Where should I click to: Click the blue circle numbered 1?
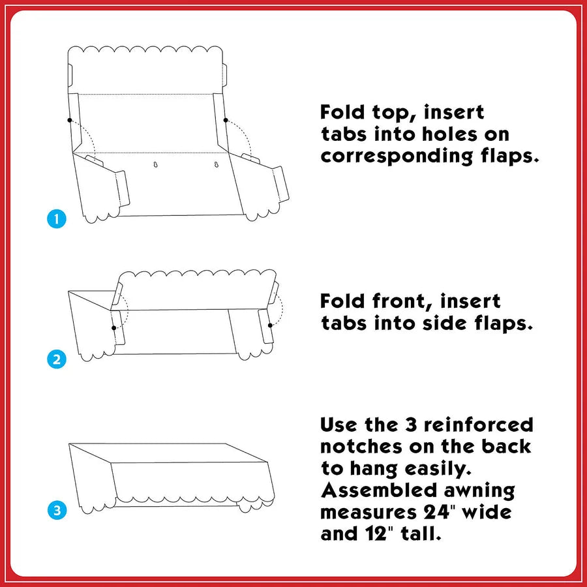pyautogui.click(x=57, y=218)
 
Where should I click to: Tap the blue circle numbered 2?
pyautogui.click(x=57, y=359)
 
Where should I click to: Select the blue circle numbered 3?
pyautogui.click(x=57, y=510)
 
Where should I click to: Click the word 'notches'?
pyautogui.click(x=361, y=446)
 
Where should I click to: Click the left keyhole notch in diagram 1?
pyautogui.click(x=155, y=164)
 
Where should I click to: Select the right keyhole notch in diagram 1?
pyautogui.click(x=216, y=164)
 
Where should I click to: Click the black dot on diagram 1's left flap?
pyautogui.click(x=70, y=120)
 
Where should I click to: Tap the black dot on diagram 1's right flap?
pyautogui.click(x=226, y=120)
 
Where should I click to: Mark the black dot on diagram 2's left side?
pyautogui.click(x=113, y=328)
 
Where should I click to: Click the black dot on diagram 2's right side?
pyautogui.click(x=270, y=325)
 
